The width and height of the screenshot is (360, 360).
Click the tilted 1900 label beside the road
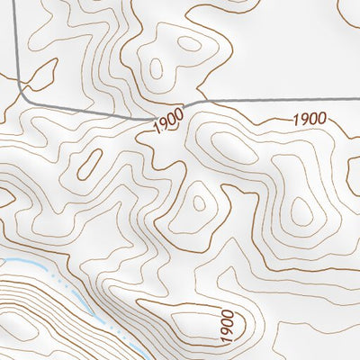coord(167,121)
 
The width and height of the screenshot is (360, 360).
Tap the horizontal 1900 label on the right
coord(309,119)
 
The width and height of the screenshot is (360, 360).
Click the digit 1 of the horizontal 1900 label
coord(295,119)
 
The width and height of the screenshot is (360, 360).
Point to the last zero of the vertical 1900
coord(227,313)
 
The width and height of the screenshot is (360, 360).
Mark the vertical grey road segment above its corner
coord(19,45)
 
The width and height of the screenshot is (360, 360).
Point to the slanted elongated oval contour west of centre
coord(90,163)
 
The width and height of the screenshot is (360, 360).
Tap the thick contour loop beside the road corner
coord(40,72)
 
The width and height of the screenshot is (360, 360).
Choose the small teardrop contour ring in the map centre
coord(199,202)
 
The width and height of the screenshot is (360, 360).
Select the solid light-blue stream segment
coord(22,265)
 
